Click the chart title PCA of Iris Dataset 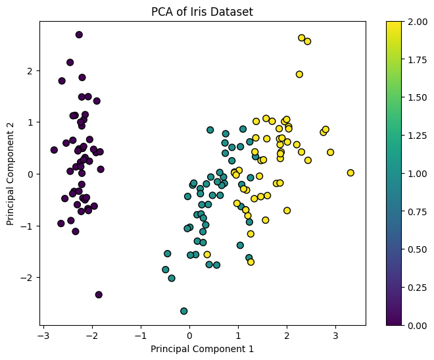[x=203, y=11]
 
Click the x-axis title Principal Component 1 [x=203, y=349]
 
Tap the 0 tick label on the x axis [x=189, y=335]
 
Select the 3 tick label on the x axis [x=335, y=335]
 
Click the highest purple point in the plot [x=79, y=35]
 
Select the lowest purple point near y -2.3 [x=99, y=295]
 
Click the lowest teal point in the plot [x=184, y=311]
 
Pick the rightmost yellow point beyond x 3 [x=350, y=173]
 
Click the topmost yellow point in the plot [x=302, y=38]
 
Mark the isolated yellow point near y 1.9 [x=299, y=74]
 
